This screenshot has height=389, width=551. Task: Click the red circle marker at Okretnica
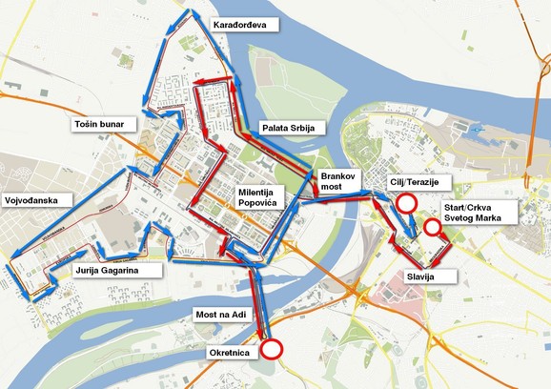pyautogui.click(x=273, y=349)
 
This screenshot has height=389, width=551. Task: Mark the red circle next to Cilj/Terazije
pyautogui.click(x=407, y=203)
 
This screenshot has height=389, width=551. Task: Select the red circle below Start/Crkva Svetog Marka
pyautogui.click(x=432, y=227)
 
